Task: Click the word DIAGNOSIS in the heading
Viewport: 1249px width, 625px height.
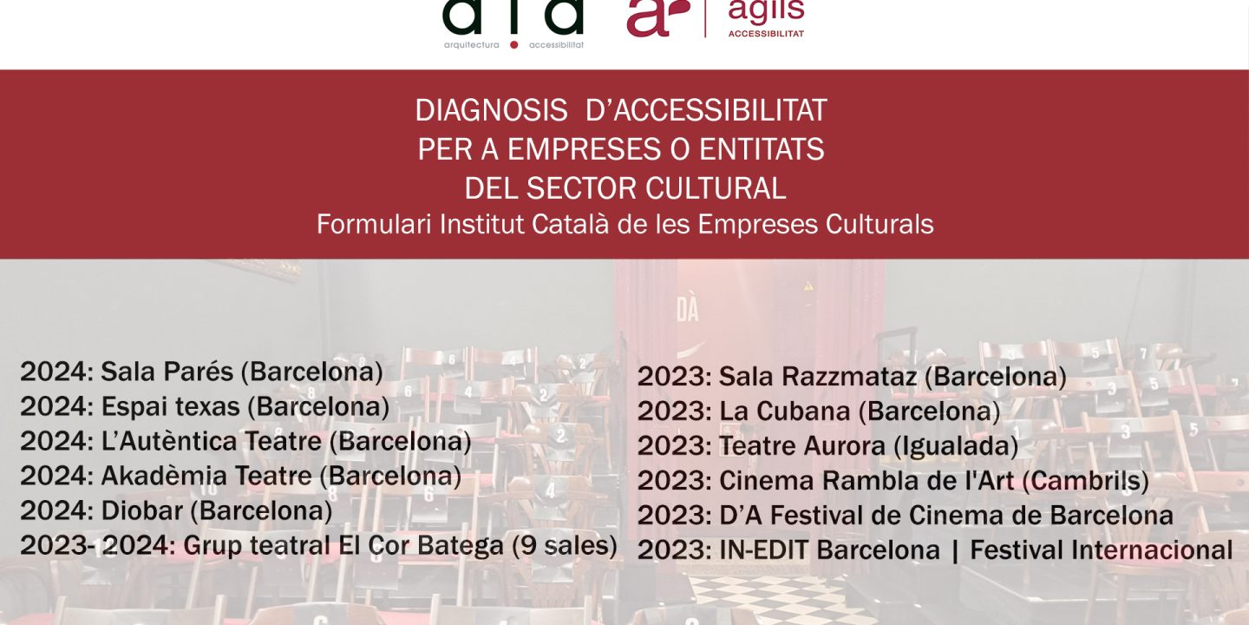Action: coord(491,110)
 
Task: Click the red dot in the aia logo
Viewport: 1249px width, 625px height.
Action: coord(514,44)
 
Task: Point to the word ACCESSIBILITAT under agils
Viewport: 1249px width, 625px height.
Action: coord(766,34)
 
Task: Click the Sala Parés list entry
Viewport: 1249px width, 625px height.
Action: coord(201,372)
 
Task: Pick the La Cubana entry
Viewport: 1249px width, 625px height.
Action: coord(819,411)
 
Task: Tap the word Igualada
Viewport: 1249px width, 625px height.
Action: coord(956,446)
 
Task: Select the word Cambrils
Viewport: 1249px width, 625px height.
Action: coord(1086,481)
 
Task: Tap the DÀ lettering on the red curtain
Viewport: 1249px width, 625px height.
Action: coord(688,310)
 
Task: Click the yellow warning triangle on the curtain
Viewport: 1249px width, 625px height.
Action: coord(808,286)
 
